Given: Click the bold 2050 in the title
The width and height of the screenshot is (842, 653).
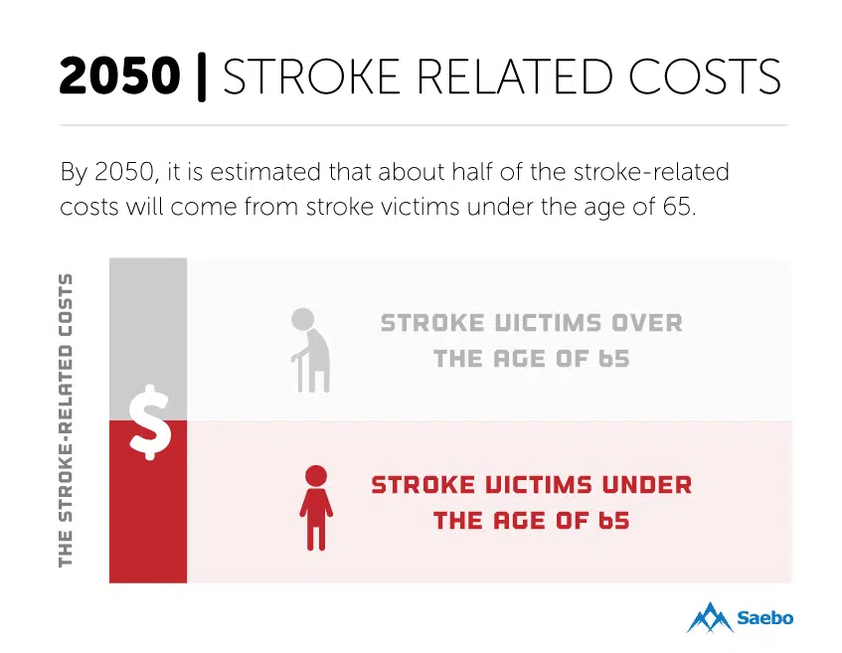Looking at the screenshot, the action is point(119,76).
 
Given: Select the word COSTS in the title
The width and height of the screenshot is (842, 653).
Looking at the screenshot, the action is point(705,77).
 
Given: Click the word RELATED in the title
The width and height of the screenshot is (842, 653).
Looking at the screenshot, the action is point(514,77).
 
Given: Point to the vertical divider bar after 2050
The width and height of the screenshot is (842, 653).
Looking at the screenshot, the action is point(202,77).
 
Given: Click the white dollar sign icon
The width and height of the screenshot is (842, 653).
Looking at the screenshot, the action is point(150,422).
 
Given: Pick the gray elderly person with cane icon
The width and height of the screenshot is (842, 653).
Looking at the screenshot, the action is point(311,350).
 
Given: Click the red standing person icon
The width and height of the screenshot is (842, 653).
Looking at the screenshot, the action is point(316,508).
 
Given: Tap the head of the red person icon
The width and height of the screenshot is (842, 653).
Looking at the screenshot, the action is point(316,476).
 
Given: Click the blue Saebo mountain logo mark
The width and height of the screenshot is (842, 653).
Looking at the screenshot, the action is point(710,617).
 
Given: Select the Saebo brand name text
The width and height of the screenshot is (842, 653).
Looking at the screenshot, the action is point(765,617).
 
